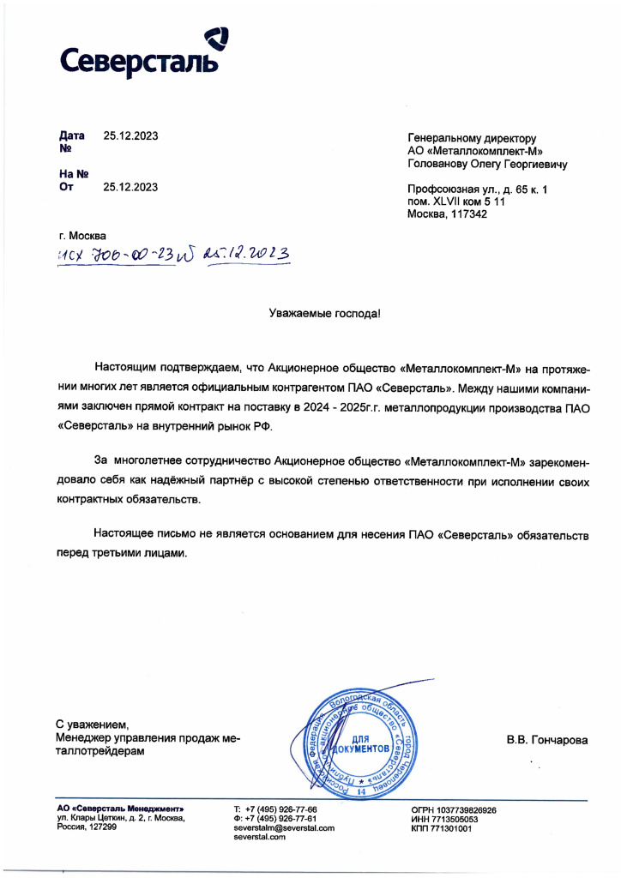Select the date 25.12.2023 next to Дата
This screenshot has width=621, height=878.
[130, 135]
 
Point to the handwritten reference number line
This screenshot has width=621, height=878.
[172, 255]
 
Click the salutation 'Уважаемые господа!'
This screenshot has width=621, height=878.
[323, 316]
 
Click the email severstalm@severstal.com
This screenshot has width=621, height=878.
[283, 827]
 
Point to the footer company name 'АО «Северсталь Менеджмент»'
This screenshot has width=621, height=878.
[119, 809]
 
